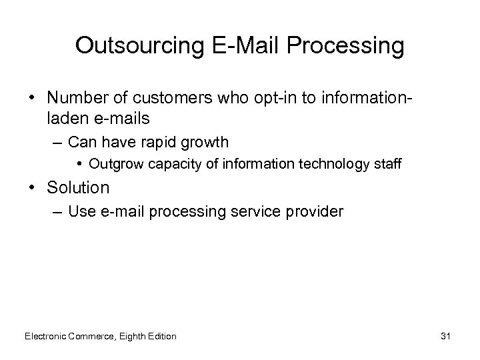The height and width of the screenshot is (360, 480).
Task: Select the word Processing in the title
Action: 347,46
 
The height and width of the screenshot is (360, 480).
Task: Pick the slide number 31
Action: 445,336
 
